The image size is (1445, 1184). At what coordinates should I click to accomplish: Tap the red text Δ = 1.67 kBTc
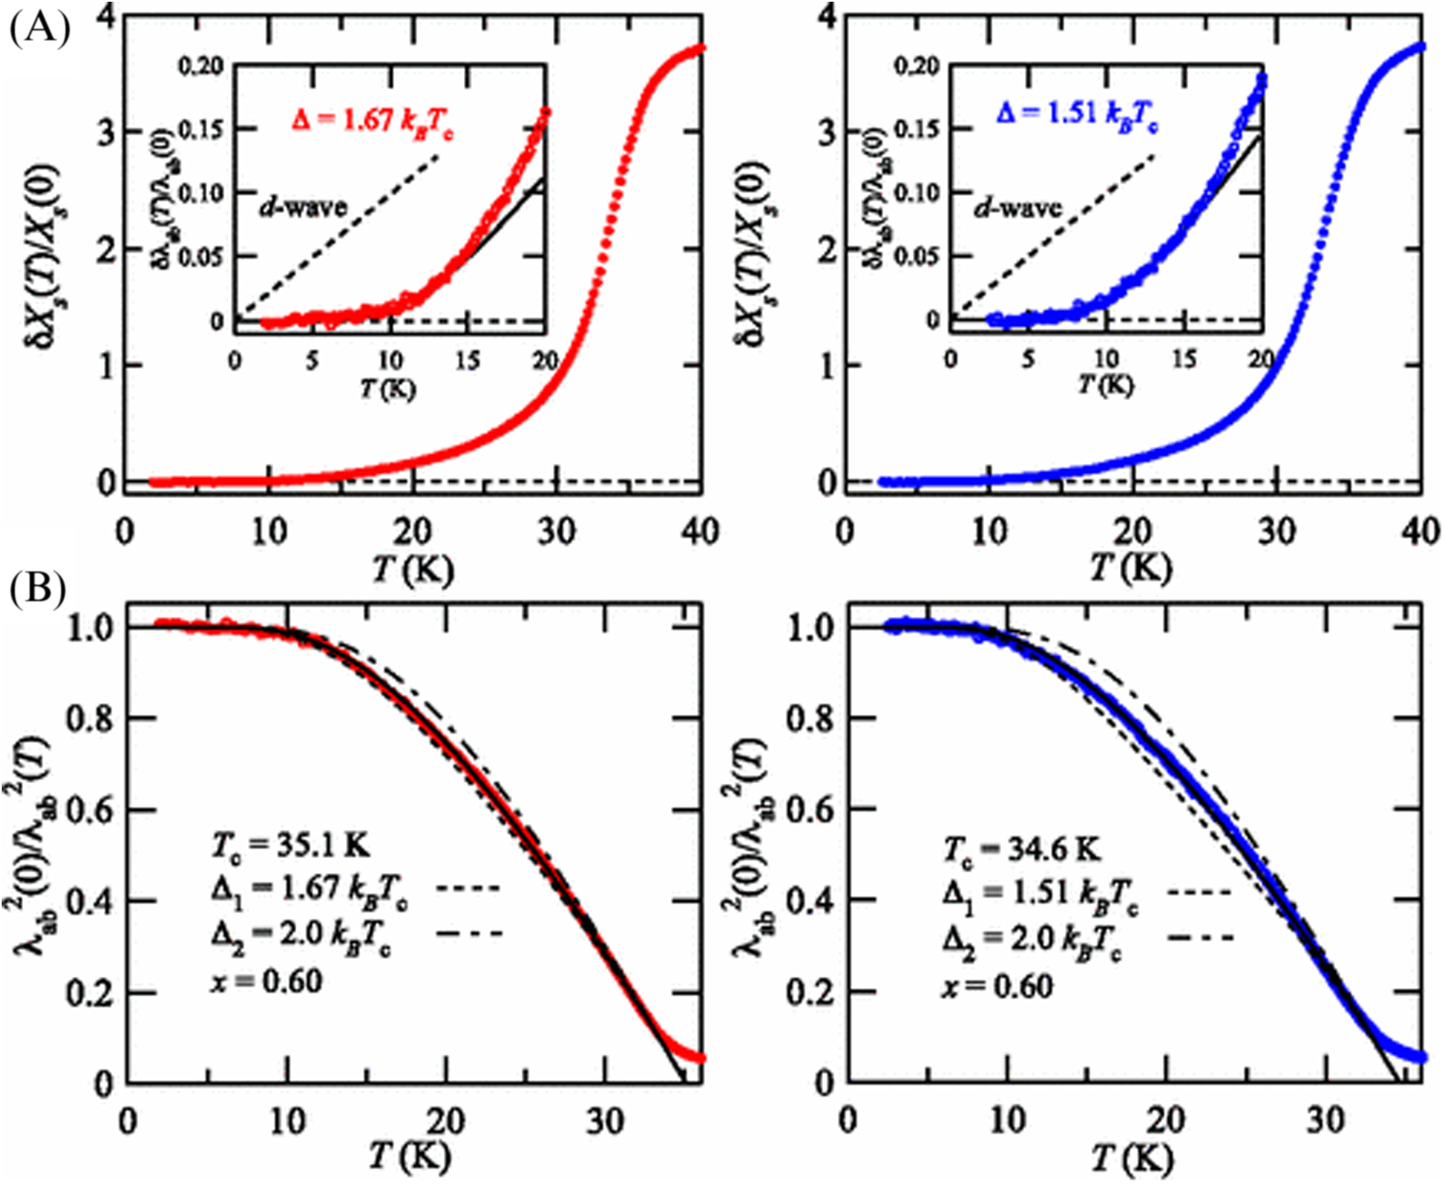(372, 120)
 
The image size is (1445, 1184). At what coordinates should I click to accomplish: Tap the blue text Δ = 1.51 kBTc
(1078, 114)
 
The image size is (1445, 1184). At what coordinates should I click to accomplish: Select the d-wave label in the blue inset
(1018, 207)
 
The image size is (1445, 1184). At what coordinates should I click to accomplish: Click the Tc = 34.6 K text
(1021, 848)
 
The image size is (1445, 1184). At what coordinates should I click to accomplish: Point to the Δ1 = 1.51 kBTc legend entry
(1041, 892)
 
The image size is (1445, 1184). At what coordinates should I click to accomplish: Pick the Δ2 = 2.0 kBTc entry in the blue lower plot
(1032, 938)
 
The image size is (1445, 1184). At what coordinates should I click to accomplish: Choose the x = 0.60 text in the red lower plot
(266, 982)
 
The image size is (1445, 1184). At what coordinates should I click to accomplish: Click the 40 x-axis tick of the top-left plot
(701, 530)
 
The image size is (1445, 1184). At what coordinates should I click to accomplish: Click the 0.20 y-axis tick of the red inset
(202, 66)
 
